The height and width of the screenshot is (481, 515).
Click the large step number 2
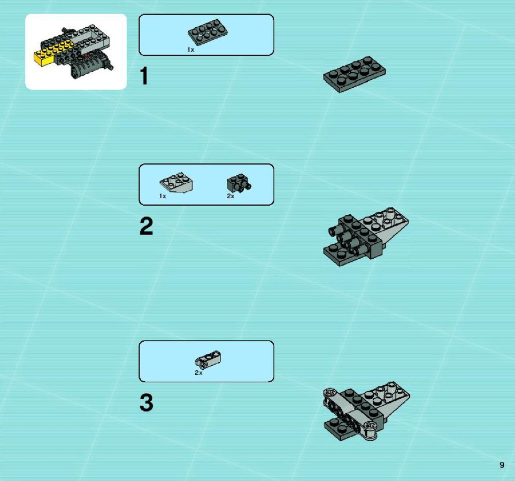point(146,226)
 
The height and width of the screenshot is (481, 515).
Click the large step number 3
point(146,402)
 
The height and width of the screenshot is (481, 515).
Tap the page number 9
point(502,465)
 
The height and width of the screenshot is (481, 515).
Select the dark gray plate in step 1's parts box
point(208,32)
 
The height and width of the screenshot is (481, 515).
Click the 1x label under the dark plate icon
point(191,50)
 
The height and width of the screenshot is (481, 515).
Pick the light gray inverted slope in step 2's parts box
point(176,182)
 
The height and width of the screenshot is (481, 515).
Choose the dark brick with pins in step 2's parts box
point(239,183)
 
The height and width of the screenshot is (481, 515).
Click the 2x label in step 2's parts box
point(230,196)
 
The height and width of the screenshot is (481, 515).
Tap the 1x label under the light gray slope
point(163,196)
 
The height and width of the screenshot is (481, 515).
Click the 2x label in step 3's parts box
point(198,373)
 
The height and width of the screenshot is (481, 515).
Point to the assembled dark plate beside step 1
point(355,74)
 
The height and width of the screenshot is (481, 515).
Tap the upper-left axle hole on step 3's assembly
point(329,392)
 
